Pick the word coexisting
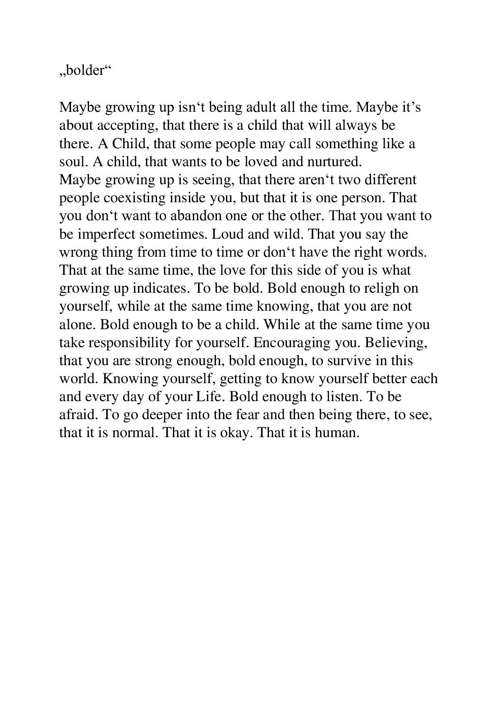pyautogui.click(x=134, y=198)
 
